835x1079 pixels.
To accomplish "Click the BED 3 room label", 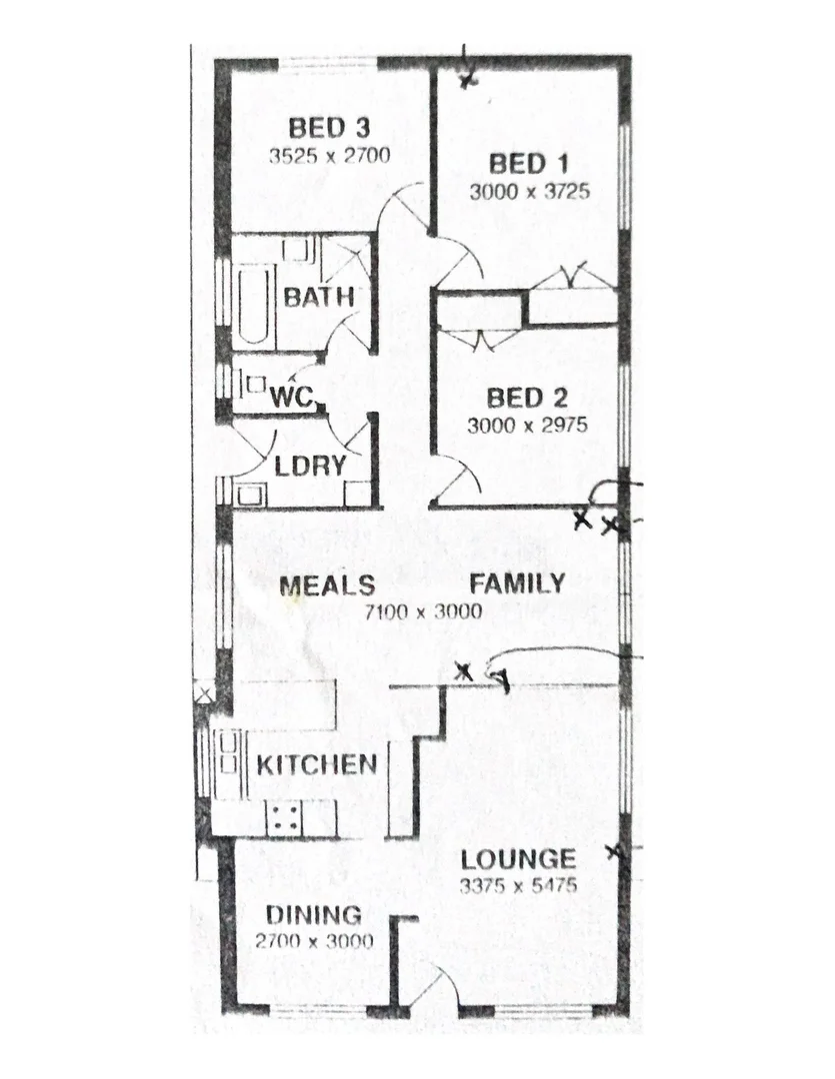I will (330, 128).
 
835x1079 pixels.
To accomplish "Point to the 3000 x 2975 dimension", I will (526, 425).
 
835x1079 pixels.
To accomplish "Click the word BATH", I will (318, 297).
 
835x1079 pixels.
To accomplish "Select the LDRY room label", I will (311, 466).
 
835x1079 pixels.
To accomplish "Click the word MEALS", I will (327, 584).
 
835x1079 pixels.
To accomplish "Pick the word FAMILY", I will (517, 583).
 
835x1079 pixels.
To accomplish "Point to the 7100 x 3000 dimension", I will (423, 610).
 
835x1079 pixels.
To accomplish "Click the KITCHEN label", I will (317, 766).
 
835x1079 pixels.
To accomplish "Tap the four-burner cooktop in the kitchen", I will (284, 818).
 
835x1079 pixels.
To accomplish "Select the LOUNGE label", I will (518, 859).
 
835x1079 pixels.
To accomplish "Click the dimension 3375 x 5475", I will (518, 885).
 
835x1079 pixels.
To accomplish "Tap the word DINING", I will (313, 915).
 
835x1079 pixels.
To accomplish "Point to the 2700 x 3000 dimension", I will (313, 941).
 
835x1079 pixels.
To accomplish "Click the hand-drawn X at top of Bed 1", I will (466, 80).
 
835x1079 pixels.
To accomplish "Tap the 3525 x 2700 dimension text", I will (329, 155).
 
